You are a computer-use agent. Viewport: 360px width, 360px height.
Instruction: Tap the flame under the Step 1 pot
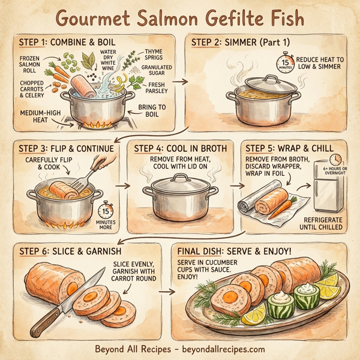coord(96,124)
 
